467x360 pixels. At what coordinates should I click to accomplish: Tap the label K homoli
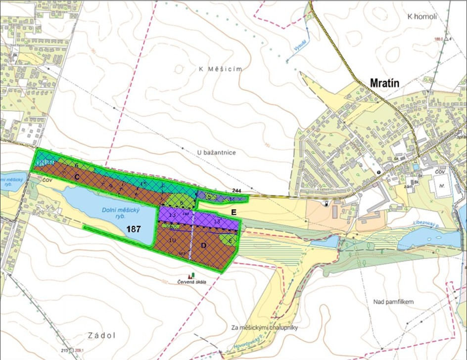click(422, 16)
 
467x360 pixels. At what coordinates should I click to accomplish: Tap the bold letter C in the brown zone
click(77, 176)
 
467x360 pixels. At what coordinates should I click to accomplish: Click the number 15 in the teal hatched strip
click(143, 184)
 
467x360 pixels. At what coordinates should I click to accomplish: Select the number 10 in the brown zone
click(172, 240)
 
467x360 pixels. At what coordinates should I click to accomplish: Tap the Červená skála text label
click(191, 282)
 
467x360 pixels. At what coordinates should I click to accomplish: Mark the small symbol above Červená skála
click(190, 274)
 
